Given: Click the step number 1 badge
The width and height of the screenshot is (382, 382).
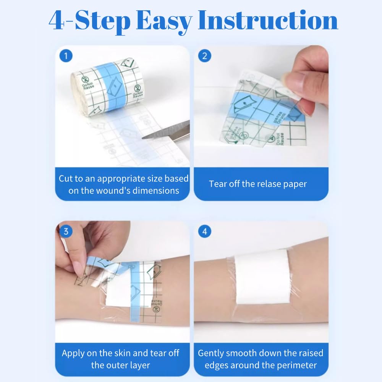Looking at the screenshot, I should pos(66,57).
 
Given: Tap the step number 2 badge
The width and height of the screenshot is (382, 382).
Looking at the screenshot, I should pos(205,57).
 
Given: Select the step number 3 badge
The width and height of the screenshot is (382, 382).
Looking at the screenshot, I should pos(66,232).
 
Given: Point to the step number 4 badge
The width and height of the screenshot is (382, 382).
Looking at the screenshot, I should pos(205,232).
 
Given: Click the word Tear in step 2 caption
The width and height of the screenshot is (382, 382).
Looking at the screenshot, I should pos(218,184).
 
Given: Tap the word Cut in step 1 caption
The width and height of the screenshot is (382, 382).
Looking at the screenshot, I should pos(66,178).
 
